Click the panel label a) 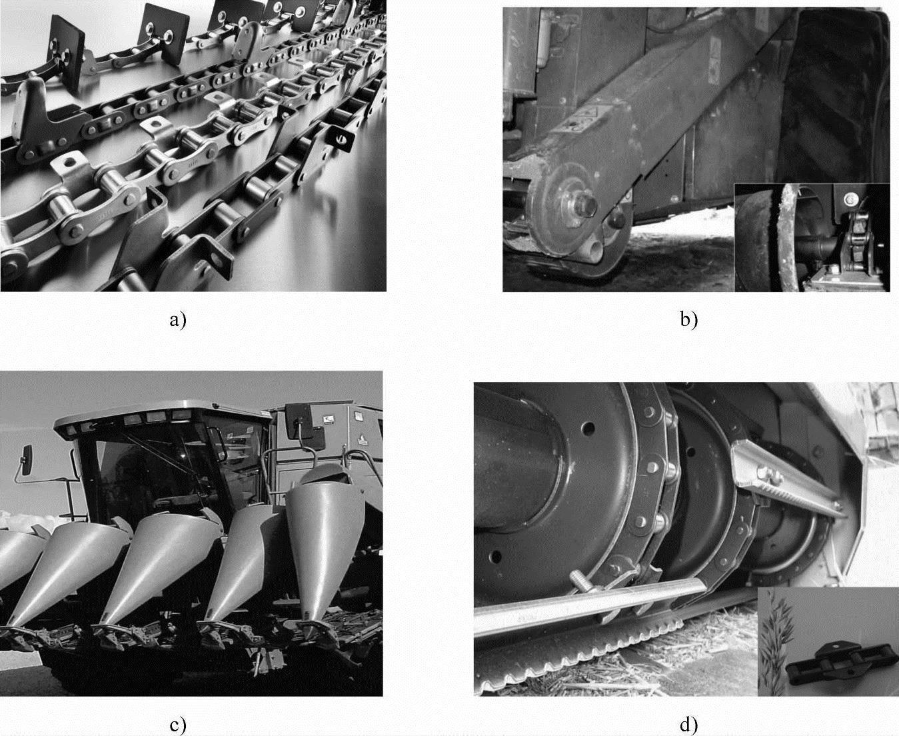[178, 320]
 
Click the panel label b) [689, 320]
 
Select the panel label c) [178, 725]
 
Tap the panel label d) [689, 725]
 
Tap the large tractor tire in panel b [836, 98]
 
